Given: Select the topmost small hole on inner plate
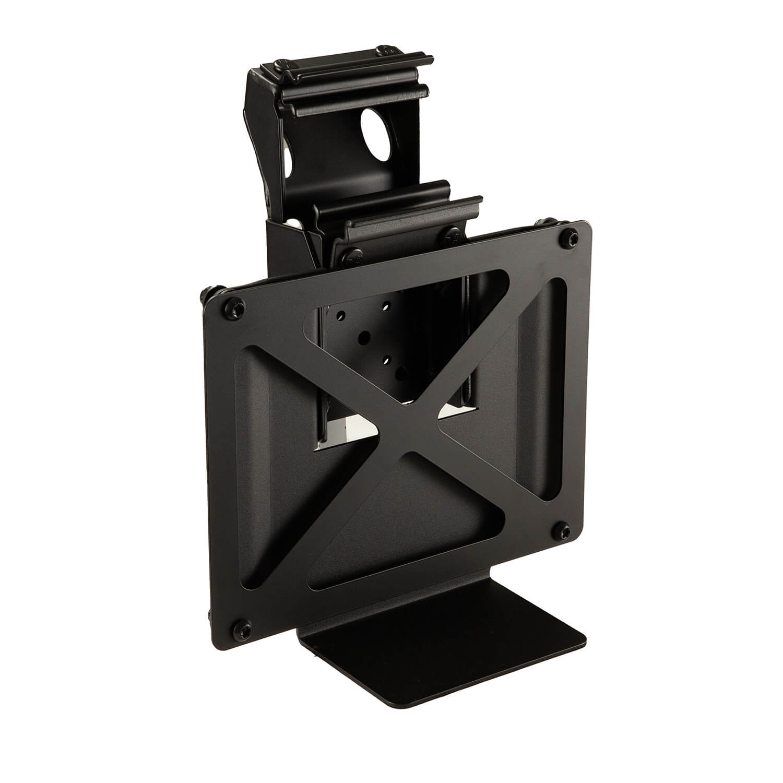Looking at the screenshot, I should click(x=386, y=303).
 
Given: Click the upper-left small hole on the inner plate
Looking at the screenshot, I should click(x=340, y=315).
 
